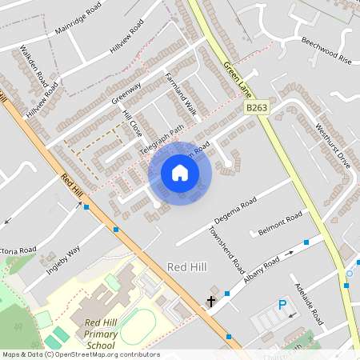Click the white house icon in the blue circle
[180, 173]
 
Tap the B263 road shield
[256, 106]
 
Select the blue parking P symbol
[282, 305]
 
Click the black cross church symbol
[211, 302]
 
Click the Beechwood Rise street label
[326, 50]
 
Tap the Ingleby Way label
[64, 258]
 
